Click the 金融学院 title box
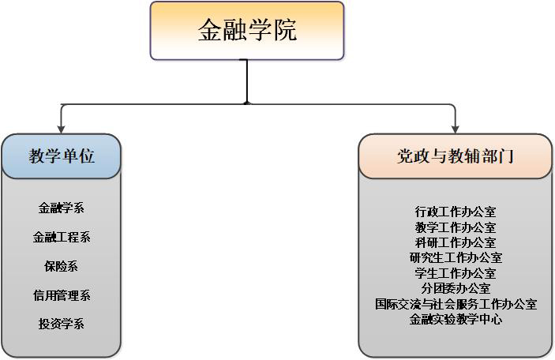point(247,31)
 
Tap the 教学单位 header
point(62,156)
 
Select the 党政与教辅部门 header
point(456,156)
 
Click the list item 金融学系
point(62,208)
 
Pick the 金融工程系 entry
point(62,237)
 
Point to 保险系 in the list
point(62,266)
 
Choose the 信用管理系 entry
point(62,295)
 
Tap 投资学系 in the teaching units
point(62,324)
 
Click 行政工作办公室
point(456,212)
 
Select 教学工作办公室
point(456,227)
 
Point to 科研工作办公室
point(456,242)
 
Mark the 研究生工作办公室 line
point(456,257)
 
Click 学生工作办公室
point(456,273)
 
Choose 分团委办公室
point(456,288)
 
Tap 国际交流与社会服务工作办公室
point(456,304)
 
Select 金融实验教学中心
point(456,319)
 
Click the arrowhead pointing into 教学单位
point(62,129)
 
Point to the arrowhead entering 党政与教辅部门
point(456,129)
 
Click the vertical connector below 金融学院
point(246,82)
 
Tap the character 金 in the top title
point(210,30)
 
